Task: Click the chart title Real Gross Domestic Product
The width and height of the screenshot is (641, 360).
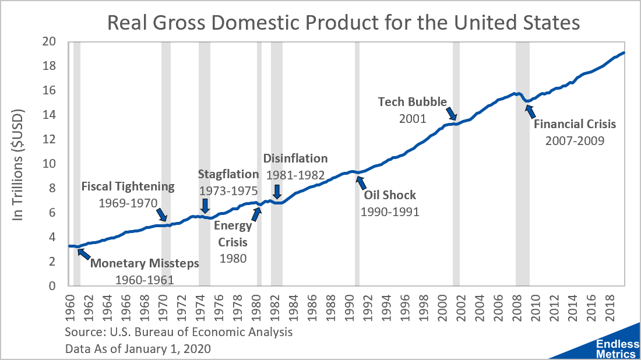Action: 344,23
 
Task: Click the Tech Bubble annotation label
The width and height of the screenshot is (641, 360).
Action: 413,101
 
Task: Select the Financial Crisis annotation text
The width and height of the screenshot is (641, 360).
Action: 575,124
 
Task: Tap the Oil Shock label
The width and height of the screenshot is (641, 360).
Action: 390,195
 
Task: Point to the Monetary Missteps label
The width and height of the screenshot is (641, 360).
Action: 144,263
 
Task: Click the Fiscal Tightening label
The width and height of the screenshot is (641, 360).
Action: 128,186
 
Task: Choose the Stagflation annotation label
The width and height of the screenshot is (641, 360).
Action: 228,174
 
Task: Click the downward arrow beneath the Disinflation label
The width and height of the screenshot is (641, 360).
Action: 277,192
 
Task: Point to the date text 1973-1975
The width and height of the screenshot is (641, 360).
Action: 228,190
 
